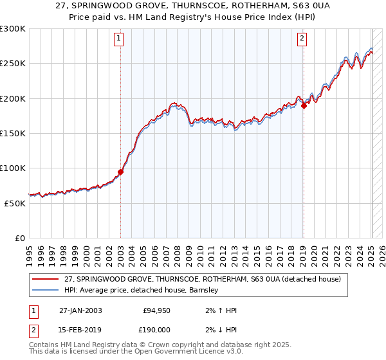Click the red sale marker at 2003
[120, 172]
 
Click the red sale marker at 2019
[304, 106]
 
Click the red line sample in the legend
[46, 280]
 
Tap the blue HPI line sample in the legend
[46, 291]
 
